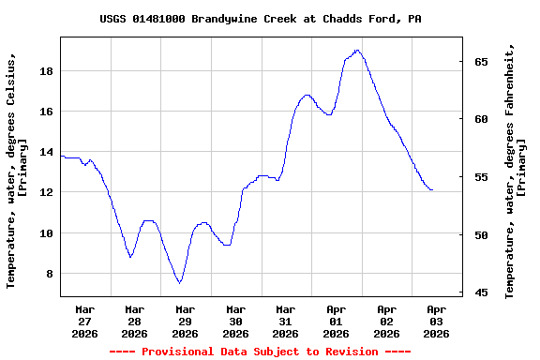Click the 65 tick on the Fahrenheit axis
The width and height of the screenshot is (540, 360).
coord(481,62)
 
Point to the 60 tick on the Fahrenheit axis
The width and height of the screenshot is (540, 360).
coord(481,119)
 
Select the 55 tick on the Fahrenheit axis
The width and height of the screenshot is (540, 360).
coord(481,177)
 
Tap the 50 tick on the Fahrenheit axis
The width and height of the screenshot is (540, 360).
coord(481,235)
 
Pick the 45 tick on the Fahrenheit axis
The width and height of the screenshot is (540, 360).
coord(481,293)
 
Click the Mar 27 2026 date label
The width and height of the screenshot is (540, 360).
coord(84,321)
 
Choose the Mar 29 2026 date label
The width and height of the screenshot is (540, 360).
coord(185,321)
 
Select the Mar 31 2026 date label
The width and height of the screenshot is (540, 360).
coord(286,321)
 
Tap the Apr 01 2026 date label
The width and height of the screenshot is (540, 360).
coord(336,321)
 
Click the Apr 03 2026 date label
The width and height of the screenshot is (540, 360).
coord(436,321)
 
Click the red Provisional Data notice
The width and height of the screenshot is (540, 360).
coord(260,352)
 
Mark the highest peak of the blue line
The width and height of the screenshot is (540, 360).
coord(357,50)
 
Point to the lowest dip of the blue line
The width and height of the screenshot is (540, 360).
coord(179,282)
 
